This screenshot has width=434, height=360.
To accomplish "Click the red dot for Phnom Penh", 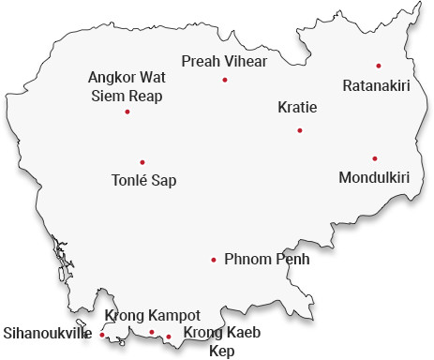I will pyautogui.click(x=214, y=260).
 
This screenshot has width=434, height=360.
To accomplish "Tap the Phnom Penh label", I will pyautogui.click(x=267, y=260).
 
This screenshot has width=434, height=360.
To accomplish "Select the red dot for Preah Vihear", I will pyautogui.click(x=225, y=80).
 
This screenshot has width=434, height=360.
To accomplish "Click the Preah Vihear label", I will pyautogui.click(x=225, y=61).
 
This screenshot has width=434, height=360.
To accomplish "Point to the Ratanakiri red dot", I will pyautogui.click(x=378, y=66).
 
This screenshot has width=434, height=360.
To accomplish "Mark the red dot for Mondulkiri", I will pyautogui.click(x=374, y=158).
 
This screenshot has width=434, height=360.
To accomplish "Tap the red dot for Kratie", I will pyautogui.click(x=299, y=130).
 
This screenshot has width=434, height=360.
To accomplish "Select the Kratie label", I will pyautogui.click(x=298, y=108).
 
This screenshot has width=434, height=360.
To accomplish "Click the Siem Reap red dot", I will pyautogui.click(x=127, y=112).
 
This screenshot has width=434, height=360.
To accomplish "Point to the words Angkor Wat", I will pyautogui.click(x=126, y=77).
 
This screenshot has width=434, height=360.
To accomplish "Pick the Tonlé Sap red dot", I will pyautogui.click(x=142, y=162).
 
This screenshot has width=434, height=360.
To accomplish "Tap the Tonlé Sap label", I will pyautogui.click(x=143, y=180).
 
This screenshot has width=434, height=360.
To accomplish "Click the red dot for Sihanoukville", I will pyautogui.click(x=102, y=335).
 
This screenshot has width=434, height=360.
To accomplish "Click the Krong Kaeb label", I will pyautogui.click(x=221, y=333).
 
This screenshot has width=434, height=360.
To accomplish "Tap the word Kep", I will pyautogui.click(x=221, y=351).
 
